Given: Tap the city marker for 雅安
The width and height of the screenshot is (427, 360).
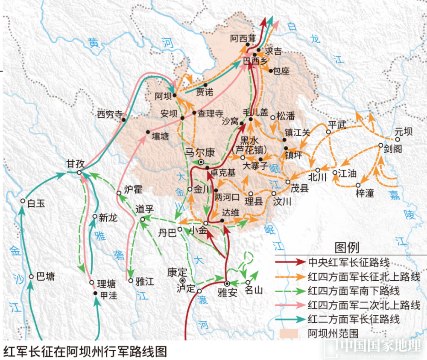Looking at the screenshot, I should tap(227, 283).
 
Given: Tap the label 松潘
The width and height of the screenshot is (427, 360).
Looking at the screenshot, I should tap(286, 115).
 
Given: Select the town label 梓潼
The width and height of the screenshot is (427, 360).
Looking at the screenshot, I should tap(364, 193).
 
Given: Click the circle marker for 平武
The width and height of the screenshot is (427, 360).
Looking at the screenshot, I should tap(328, 132).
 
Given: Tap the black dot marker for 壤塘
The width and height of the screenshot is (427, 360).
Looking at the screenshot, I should tap(148, 132).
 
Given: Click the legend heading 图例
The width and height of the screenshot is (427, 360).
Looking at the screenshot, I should tap(347, 247).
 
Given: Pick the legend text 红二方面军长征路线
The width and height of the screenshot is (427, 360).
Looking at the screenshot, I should tap(354, 319).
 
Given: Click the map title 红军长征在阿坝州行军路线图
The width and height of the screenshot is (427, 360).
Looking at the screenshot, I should tap(85, 351).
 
